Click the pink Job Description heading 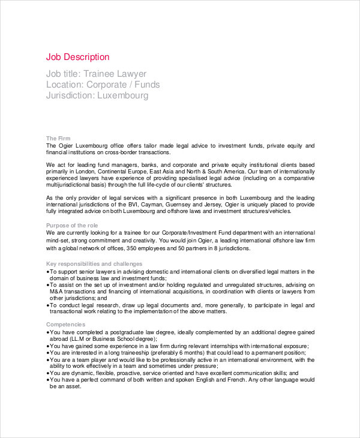click(77, 57)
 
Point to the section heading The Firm click(58, 139)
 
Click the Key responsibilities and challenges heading click(94, 263)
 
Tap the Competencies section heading click(65, 324)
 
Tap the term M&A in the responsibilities click(55, 292)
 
